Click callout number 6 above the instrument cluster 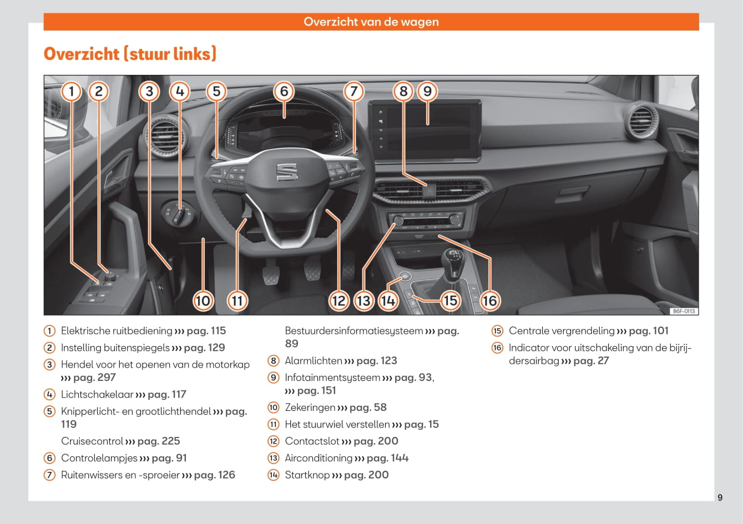284,91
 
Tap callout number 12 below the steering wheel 338,301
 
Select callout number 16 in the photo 489,301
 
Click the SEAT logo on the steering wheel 287,171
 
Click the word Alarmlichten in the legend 313,361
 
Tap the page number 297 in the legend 103,378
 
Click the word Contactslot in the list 312,441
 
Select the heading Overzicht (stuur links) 130,54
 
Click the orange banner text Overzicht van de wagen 371,22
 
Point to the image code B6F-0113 684,312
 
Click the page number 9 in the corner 720,497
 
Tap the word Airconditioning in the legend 319,458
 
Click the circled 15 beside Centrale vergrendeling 497,331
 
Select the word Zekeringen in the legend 310,408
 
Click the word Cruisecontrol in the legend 92,441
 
